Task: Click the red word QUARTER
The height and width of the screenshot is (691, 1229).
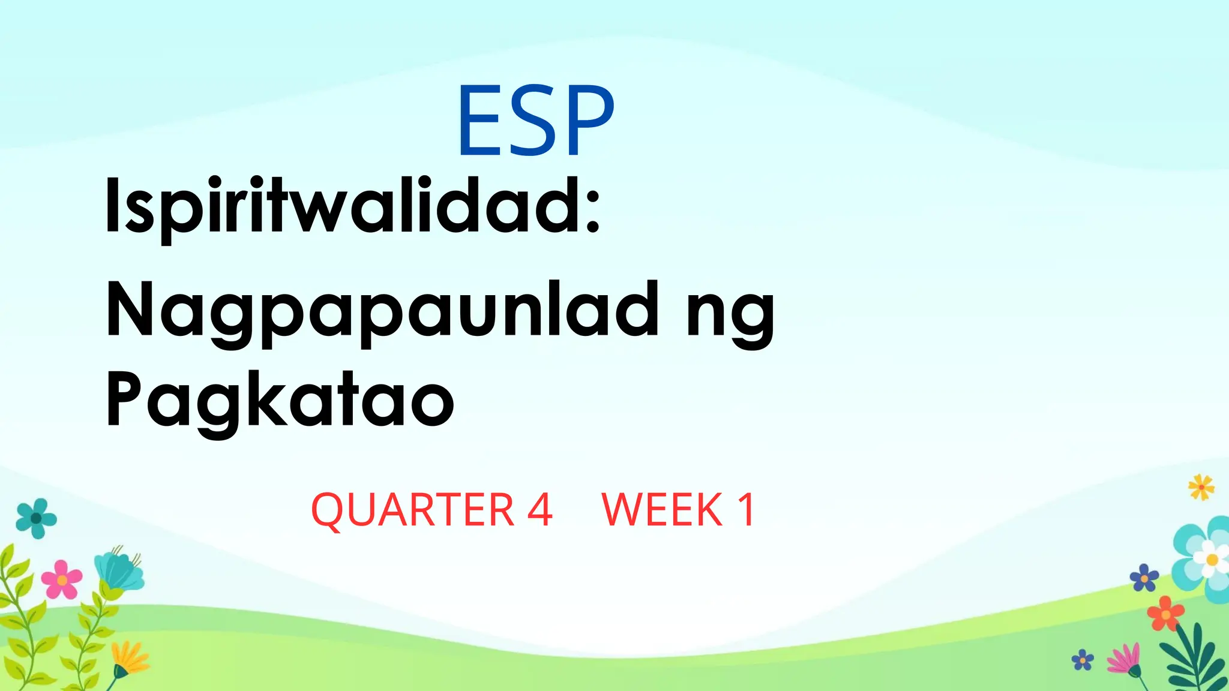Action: coord(413,510)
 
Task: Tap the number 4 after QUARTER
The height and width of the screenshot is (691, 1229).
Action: coord(539,510)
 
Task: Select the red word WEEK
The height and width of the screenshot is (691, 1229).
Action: coord(662,510)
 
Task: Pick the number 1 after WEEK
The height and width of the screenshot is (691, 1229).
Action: coord(747,510)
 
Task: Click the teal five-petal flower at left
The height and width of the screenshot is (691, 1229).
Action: coord(37,518)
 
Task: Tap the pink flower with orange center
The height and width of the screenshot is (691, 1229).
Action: coord(62,579)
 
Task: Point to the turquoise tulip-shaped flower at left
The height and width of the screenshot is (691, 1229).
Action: coord(120,570)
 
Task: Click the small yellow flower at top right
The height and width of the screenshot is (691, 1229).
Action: coord(1201,487)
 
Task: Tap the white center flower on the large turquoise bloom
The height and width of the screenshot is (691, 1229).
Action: coord(1211,560)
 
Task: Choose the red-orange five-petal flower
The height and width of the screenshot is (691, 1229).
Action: coord(1165,614)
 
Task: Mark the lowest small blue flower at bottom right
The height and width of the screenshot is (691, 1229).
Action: coord(1083,660)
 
